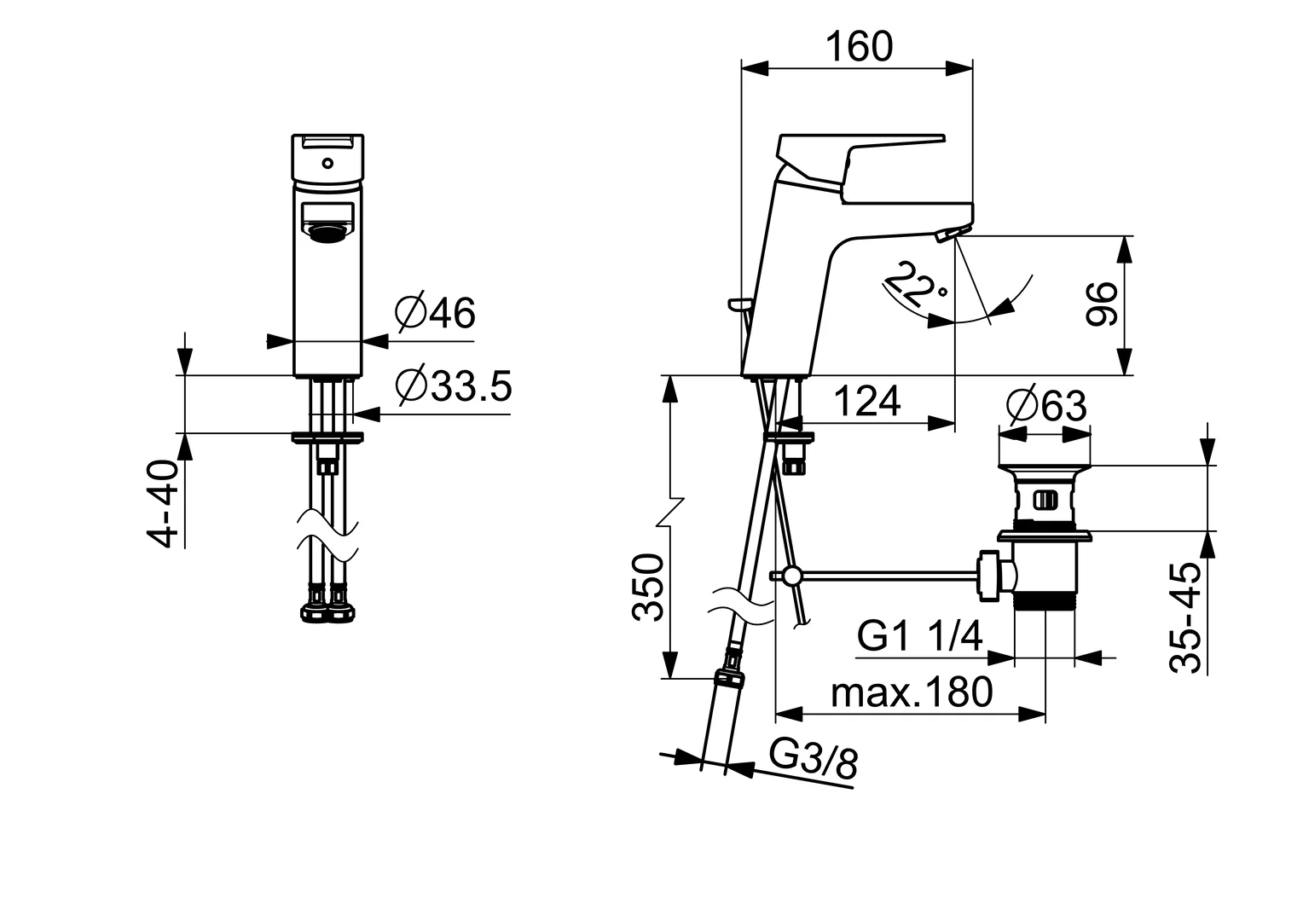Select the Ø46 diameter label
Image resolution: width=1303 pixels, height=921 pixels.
(x=435, y=314)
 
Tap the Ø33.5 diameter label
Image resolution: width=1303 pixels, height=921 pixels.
(x=453, y=387)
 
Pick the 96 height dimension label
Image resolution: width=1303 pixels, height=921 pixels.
(x=1101, y=304)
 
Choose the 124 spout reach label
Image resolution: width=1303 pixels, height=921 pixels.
(x=866, y=402)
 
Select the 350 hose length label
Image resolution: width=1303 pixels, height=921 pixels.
(x=648, y=588)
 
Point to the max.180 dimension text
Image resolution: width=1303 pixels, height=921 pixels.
(x=912, y=692)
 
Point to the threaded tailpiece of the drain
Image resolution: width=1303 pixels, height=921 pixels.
(x=1045, y=605)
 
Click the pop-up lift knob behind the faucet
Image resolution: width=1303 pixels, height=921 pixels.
(x=737, y=303)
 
